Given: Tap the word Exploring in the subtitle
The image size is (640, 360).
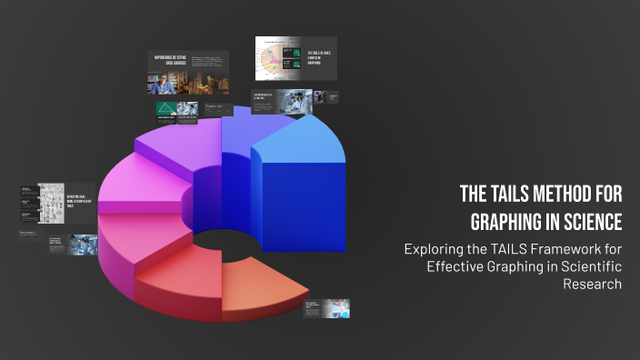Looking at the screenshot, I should click(x=432, y=248).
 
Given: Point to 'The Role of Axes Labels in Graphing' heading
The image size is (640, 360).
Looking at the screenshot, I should click(x=320, y=58).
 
